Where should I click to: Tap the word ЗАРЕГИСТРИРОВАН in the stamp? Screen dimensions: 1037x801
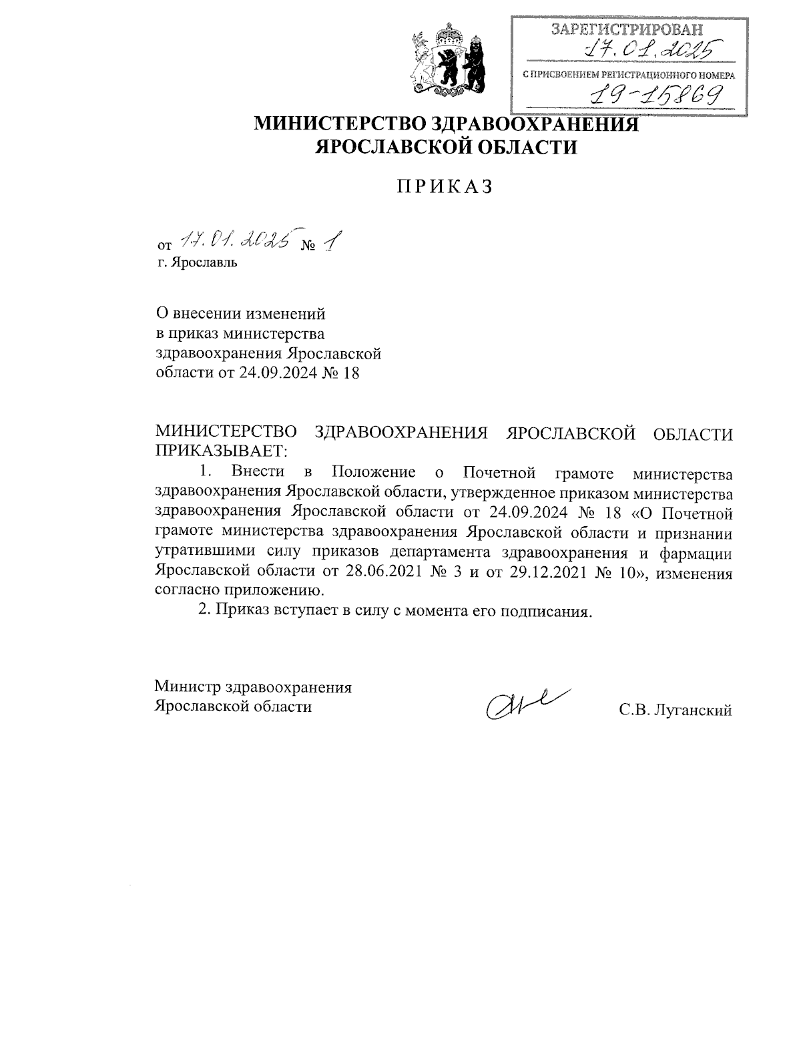click(x=627, y=29)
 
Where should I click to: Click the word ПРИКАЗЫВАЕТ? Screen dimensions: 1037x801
click(x=220, y=451)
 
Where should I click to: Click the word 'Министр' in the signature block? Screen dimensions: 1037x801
click(x=188, y=687)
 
